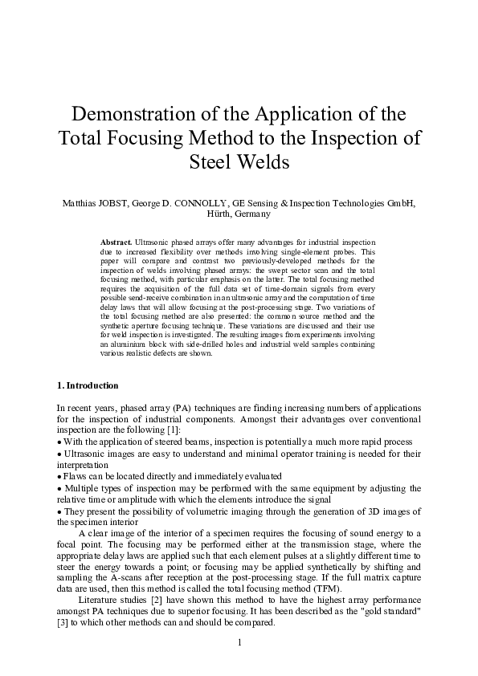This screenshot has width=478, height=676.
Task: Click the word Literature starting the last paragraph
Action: tap(98, 599)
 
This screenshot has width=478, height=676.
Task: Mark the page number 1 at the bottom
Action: tap(239, 641)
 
